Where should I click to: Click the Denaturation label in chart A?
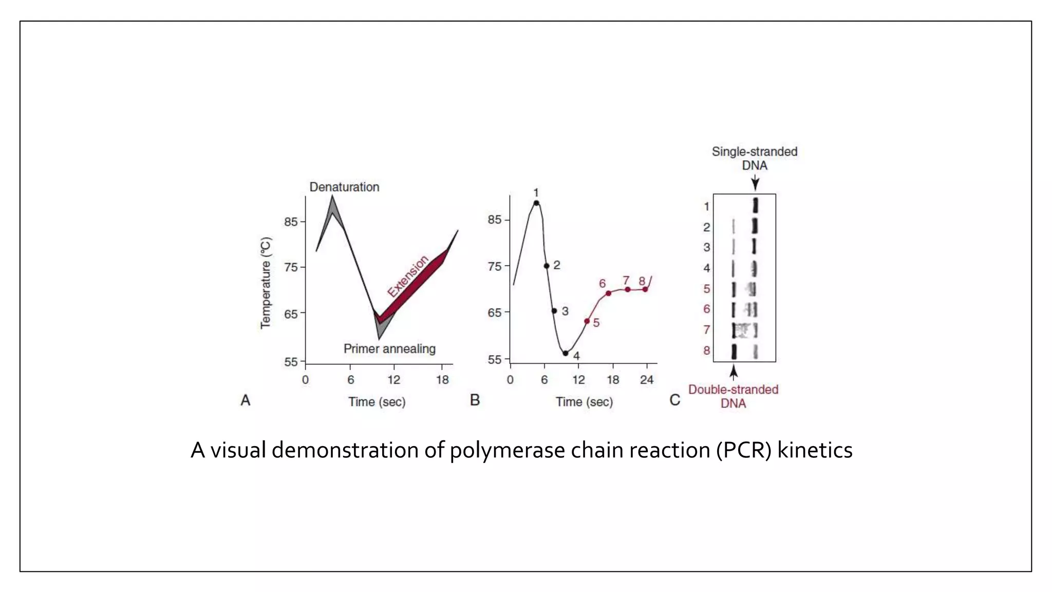point(344,187)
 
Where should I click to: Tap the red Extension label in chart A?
point(407,276)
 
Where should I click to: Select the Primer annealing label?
point(389,349)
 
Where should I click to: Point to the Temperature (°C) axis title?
point(266,283)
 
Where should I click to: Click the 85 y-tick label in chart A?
point(291,222)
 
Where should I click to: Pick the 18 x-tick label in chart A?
point(442,380)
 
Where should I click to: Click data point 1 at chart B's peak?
point(536,203)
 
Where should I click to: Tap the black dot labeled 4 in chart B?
point(565,353)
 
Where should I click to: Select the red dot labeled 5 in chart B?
point(587,321)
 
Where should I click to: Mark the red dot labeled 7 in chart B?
point(628,290)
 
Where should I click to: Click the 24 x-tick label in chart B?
point(647,380)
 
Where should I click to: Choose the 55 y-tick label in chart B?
point(494,360)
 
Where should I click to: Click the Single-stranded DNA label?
point(754,158)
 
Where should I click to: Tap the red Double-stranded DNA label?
point(733,396)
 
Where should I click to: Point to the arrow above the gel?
point(755,182)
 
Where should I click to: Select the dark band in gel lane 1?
point(755,206)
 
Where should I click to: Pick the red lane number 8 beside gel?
point(706,350)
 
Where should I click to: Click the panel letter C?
point(674,400)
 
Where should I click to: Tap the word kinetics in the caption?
point(815,450)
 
